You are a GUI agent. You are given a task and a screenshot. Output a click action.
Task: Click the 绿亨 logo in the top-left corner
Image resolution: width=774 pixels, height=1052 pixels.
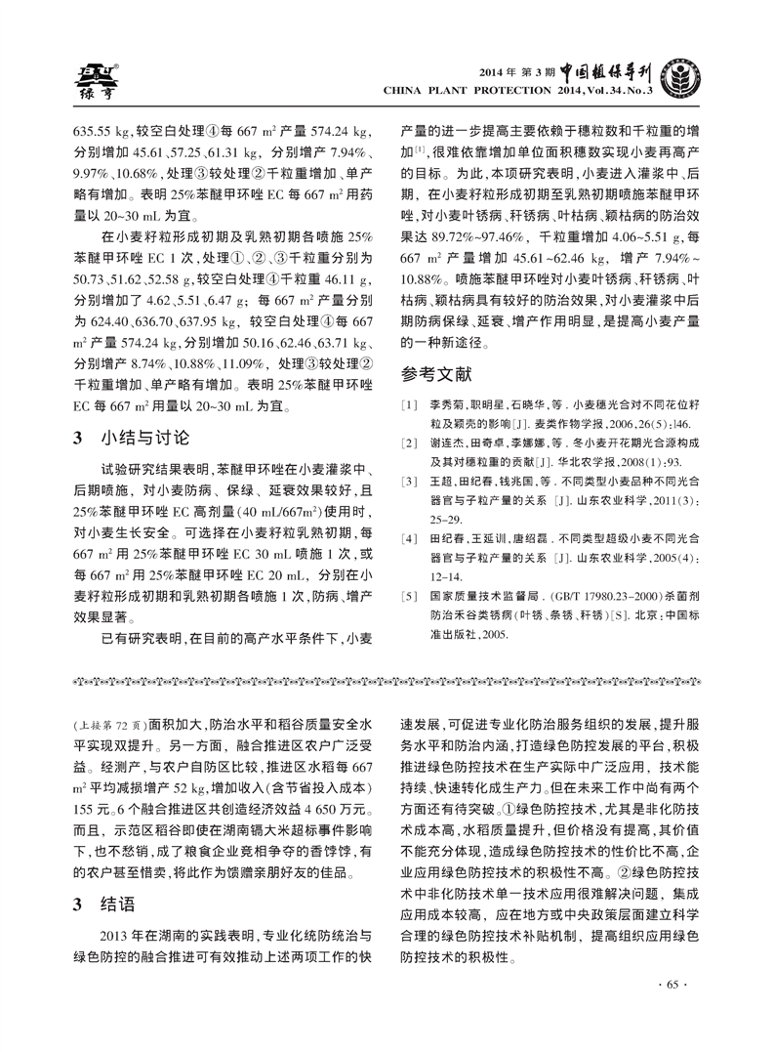(95, 81)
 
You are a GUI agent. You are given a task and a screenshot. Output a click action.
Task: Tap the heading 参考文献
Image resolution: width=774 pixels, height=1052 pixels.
(437, 373)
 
